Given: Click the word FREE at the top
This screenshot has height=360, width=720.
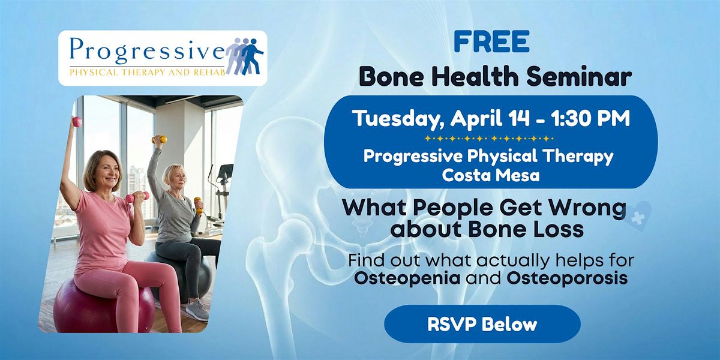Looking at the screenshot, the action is (491, 41).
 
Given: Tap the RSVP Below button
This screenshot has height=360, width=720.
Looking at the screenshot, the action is (482, 324).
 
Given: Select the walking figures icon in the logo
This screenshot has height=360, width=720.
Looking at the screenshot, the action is (245, 56).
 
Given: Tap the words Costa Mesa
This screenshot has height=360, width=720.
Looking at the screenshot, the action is (491, 175).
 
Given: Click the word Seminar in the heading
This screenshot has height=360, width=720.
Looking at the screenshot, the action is (579, 77).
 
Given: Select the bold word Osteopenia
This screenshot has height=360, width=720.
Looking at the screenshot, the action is (407, 278).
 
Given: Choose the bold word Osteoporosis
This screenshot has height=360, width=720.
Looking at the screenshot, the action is (567, 278).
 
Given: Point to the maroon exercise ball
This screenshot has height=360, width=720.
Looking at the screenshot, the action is (103, 305).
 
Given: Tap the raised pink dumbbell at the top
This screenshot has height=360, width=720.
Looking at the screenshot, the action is (77, 122).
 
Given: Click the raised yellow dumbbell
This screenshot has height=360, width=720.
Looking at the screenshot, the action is (160, 139).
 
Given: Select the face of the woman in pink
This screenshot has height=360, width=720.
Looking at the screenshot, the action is (107, 173).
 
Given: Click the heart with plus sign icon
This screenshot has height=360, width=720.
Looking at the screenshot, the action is (637, 217).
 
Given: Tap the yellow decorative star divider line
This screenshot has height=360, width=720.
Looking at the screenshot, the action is (489, 139).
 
